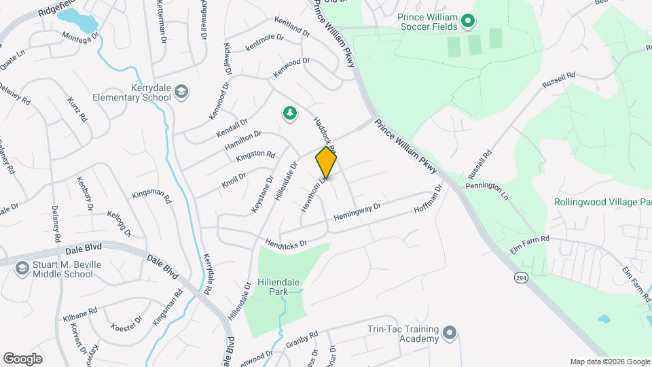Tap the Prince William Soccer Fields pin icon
pyautogui.click(x=467, y=22)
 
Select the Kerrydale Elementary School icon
pyautogui.click(x=181, y=92)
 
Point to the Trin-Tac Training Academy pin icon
pyautogui.click(x=449, y=334)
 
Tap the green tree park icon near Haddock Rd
pyautogui.click(x=290, y=113)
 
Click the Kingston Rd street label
pyautogui.click(x=255, y=156)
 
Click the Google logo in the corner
pyautogui.click(x=22, y=358)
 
